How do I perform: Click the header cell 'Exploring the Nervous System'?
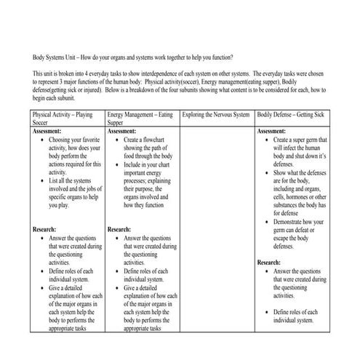pos(216,116)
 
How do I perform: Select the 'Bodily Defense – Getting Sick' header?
pos(292,116)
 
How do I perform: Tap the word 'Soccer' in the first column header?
pos(42,124)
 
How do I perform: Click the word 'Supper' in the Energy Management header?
pos(116,124)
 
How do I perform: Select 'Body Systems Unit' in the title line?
pos(61,57)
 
